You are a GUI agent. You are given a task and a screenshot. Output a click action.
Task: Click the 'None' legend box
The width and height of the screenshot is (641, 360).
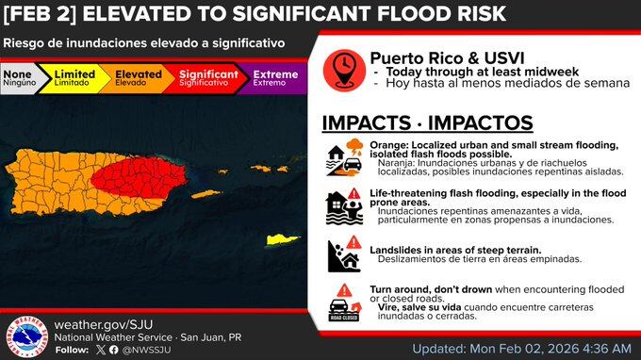[24, 77]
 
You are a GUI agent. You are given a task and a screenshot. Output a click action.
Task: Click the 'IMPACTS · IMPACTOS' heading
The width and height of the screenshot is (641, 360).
[427, 123]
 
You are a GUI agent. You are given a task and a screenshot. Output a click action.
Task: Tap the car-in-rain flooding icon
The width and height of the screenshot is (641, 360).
[344, 157]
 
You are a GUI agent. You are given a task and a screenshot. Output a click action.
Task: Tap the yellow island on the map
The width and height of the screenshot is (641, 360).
[283, 239]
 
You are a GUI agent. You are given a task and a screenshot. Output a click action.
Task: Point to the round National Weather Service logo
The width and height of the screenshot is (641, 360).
[25, 335]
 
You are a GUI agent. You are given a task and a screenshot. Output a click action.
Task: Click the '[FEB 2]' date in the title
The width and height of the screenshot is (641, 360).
[41, 14]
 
